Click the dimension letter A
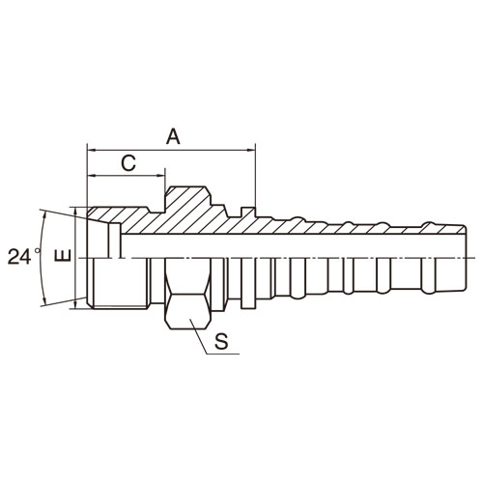[173, 136]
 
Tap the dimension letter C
[128, 163]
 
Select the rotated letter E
[63, 255]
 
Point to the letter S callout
[221, 341]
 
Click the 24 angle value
[19, 257]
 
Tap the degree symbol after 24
[38, 250]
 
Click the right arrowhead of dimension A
[251, 150]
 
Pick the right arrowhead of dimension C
[161, 176]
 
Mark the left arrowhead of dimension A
[92, 150]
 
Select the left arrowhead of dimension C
[92, 176]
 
